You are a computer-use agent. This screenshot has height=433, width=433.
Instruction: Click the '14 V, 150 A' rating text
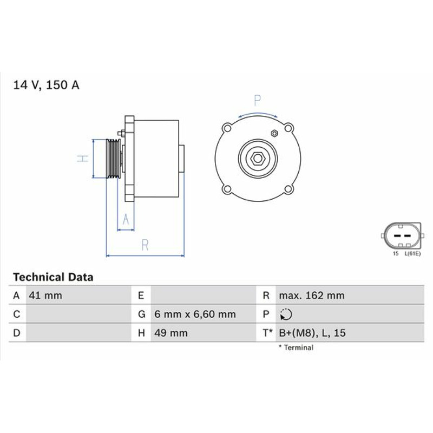pyautogui.click(x=46, y=85)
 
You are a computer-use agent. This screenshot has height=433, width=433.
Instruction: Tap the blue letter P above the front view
pyautogui.click(x=258, y=101)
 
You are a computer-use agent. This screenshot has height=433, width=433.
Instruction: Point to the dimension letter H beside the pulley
pyautogui.click(x=83, y=159)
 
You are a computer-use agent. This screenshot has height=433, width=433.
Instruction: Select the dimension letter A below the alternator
pyautogui.click(x=126, y=220)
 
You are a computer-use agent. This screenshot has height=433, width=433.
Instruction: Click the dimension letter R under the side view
pyautogui.click(x=145, y=245)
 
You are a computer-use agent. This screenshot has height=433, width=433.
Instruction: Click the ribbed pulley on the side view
pyautogui.click(x=114, y=159)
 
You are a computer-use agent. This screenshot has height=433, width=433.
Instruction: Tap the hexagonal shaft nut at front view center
pyautogui.click(x=258, y=159)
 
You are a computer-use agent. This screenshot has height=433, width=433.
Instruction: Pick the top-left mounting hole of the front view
pyautogui.click(x=227, y=128)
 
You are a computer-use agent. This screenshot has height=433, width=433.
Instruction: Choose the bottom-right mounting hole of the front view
pyautogui.click(x=288, y=189)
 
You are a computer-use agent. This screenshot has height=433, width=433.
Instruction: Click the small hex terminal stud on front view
pyautogui.click(x=274, y=133)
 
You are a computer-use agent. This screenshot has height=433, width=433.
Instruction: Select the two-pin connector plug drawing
pyautogui.click(x=402, y=236)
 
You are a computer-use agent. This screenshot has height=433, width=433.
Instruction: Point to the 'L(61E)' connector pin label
pyautogui.click(x=412, y=253)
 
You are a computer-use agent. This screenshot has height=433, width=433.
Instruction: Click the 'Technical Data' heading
pyautogui.click(x=53, y=277)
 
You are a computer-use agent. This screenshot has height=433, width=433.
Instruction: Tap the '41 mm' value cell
pyautogui.click(x=45, y=296)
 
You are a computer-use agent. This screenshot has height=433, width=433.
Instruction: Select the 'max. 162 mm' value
pyautogui.click(x=312, y=296)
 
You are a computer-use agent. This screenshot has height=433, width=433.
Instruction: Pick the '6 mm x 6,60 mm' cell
pyautogui.click(x=195, y=314)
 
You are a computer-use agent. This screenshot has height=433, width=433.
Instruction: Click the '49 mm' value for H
pyautogui.click(x=171, y=333)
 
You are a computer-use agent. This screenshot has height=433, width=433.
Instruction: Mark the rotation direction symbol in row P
pyautogui.click(x=286, y=314)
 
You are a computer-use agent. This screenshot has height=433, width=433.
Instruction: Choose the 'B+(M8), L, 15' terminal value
pyautogui.click(x=312, y=333)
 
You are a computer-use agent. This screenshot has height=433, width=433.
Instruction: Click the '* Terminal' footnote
pyautogui.click(x=296, y=347)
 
